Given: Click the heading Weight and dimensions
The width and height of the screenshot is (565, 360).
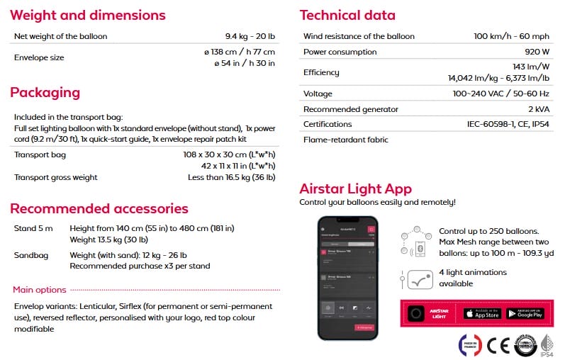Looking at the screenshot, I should click(x=88, y=15).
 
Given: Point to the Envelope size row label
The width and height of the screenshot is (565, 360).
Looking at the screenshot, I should click(x=39, y=57).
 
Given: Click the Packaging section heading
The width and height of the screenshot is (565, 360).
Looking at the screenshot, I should click(x=45, y=93).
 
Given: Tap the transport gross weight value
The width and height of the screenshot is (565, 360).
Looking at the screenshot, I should click(x=231, y=177).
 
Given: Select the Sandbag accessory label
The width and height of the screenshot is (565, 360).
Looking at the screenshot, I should click(x=32, y=254).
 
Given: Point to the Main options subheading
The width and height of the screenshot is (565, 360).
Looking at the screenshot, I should click(x=40, y=290).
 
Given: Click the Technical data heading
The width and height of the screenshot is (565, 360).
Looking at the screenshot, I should click(x=348, y=15).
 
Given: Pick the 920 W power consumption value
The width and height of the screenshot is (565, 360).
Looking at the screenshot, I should click(x=536, y=52).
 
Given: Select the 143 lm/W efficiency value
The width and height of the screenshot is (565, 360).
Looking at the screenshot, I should click(x=532, y=66).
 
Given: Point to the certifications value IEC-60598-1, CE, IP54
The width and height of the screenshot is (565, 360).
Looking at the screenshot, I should click(x=508, y=125).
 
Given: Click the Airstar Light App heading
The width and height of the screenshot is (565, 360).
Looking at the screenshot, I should click(x=356, y=189).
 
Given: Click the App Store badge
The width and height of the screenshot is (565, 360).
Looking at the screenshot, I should click(x=482, y=313).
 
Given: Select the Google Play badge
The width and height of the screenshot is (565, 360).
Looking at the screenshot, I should click(x=525, y=313).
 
